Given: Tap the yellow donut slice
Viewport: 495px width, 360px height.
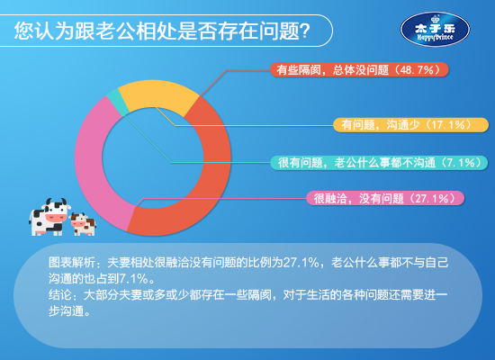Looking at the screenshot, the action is coord(157,94).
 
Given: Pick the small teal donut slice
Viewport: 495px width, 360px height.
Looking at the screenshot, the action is coord(117,102).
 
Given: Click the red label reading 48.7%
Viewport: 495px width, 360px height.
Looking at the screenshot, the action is coord(359,69).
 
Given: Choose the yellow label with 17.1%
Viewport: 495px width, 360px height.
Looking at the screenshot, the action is coord(410,125).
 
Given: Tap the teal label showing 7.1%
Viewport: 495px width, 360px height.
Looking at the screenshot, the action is coord(379,163).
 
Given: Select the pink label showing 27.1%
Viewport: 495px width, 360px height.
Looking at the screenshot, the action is coord(385,198).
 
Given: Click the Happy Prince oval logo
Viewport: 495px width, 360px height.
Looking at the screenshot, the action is coord(435,30).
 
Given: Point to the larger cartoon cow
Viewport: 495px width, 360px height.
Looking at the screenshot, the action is coord(49,217).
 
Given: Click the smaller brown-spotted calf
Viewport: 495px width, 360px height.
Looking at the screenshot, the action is coord(83,224).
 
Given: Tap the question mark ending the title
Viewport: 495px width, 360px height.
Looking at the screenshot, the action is coord(305,31).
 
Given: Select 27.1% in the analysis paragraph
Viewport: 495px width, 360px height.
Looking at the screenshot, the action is coord(301,263).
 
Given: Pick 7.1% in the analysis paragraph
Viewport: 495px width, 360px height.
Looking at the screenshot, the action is coord(133,278).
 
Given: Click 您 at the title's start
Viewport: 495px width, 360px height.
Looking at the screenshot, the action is coord(24,31).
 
